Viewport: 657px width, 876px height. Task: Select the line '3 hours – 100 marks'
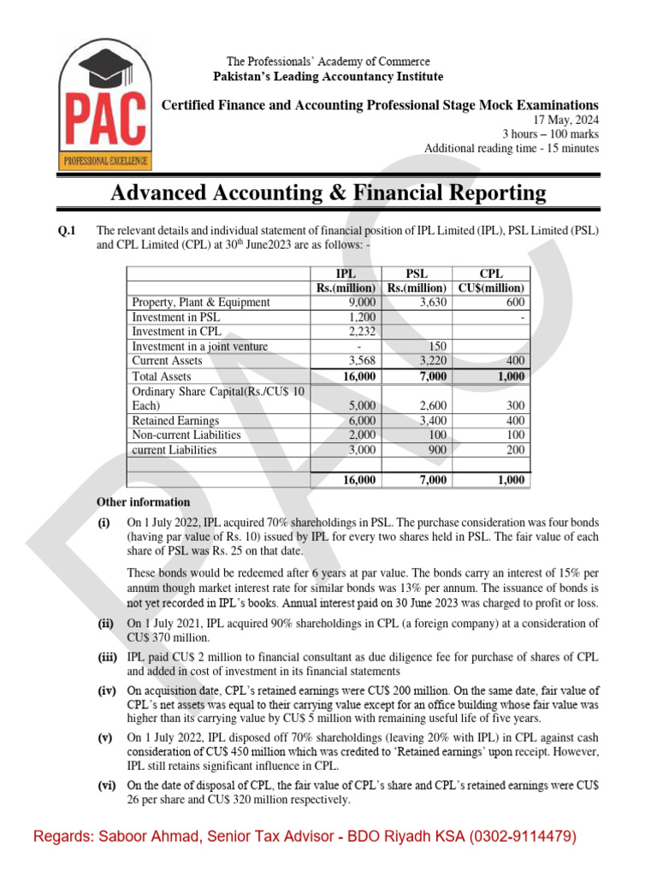click(x=550, y=134)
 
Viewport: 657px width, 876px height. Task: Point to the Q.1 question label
click(x=66, y=230)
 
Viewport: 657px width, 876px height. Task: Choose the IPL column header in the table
click(x=346, y=274)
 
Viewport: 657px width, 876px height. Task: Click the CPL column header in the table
click(x=491, y=274)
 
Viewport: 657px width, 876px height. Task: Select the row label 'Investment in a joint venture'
click(x=199, y=346)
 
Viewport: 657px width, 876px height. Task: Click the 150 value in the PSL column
click(x=439, y=346)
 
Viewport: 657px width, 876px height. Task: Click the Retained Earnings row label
click(x=175, y=421)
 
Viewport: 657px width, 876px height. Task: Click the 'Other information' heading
click(x=143, y=502)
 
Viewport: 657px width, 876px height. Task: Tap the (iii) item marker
click(x=108, y=656)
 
